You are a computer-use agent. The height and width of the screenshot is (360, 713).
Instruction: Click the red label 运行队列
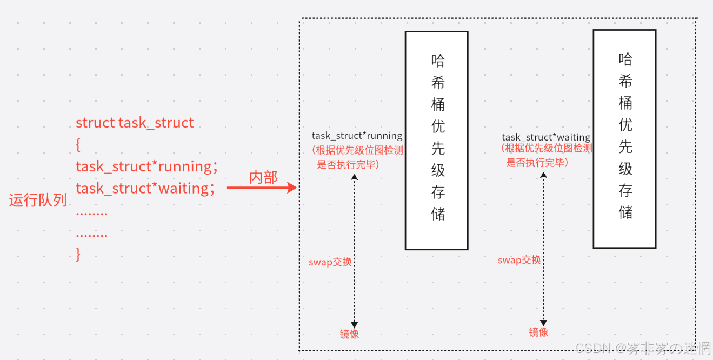click(x=38, y=201)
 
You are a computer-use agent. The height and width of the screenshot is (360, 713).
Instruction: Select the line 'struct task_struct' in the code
click(x=135, y=123)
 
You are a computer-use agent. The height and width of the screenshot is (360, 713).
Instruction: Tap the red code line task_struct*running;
click(x=146, y=166)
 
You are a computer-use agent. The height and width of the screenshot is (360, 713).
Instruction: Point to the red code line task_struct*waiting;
click(x=145, y=189)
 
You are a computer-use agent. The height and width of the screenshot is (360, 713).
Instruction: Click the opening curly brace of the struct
click(x=78, y=144)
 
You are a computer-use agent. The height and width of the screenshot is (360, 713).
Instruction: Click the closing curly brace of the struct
click(x=78, y=254)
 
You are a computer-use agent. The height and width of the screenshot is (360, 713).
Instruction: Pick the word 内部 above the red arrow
click(x=263, y=177)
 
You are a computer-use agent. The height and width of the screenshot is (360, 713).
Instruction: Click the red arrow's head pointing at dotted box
click(x=293, y=188)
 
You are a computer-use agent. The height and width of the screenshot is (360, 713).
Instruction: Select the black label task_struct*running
click(x=357, y=136)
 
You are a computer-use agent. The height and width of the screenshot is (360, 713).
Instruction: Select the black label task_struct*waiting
click(x=546, y=137)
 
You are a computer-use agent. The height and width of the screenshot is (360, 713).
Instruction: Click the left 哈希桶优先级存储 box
click(x=437, y=140)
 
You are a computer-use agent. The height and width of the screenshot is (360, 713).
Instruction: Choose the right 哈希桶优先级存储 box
click(x=624, y=139)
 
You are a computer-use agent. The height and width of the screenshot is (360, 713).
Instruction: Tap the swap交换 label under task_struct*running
click(x=330, y=262)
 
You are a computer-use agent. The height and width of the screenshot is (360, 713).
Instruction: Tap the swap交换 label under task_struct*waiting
click(x=519, y=260)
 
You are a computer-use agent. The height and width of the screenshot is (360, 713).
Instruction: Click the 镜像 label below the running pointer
click(x=349, y=334)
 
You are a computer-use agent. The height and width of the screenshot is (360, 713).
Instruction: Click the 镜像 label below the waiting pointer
click(x=538, y=332)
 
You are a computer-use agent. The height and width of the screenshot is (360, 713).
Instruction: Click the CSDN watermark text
click(x=643, y=348)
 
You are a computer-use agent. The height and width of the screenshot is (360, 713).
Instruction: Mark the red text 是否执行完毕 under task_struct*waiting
click(x=536, y=163)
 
